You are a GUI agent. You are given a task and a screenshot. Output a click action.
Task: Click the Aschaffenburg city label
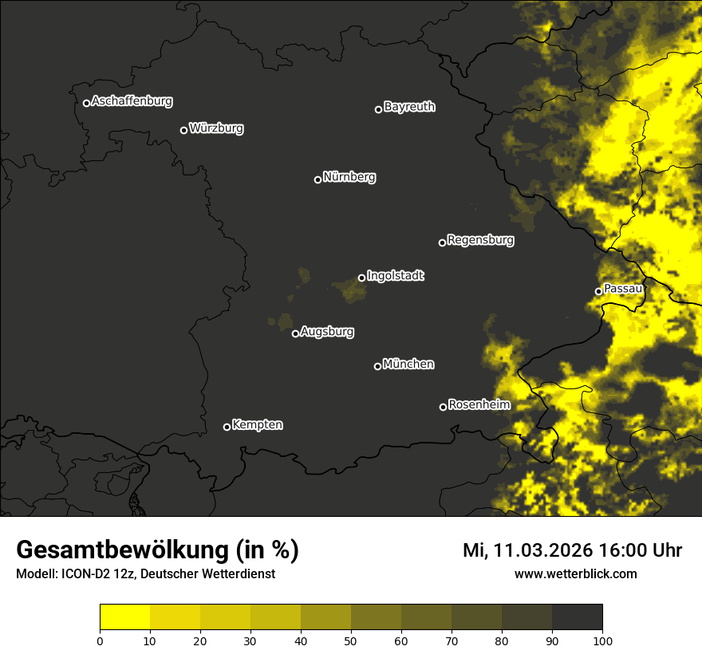click(x=132, y=101)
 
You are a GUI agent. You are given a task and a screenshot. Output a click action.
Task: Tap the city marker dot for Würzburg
click(x=183, y=130)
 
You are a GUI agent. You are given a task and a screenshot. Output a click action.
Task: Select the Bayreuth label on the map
click(x=409, y=107)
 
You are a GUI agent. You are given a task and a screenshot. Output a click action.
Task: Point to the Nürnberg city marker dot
click(x=317, y=179)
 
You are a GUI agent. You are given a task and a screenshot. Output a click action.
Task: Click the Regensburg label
click(x=480, y=240)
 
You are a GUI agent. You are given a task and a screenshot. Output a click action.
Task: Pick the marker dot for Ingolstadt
click(x=361, y=278)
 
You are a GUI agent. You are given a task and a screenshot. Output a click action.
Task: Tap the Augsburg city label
click(x=327, y=332)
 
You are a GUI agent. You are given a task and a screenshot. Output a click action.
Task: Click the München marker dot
click(x=377, y=366)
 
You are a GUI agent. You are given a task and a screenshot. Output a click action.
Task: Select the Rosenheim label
click(x=479, y=405)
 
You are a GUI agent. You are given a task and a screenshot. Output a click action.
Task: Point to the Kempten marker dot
click(x=227, y=427)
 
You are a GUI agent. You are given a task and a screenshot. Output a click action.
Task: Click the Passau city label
click(x=623, y=289)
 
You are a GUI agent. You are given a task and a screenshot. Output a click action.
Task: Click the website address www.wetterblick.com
click(x=576, y=574)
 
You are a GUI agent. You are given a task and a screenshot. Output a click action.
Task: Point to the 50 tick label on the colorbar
click(x=351, y=640)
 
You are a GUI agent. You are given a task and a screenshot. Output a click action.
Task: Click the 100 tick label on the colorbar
click(x=602, y=640)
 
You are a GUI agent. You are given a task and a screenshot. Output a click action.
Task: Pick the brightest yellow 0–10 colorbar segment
click(x=125, y=617)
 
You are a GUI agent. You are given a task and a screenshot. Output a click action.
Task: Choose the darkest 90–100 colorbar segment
click(x=577, y=617)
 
